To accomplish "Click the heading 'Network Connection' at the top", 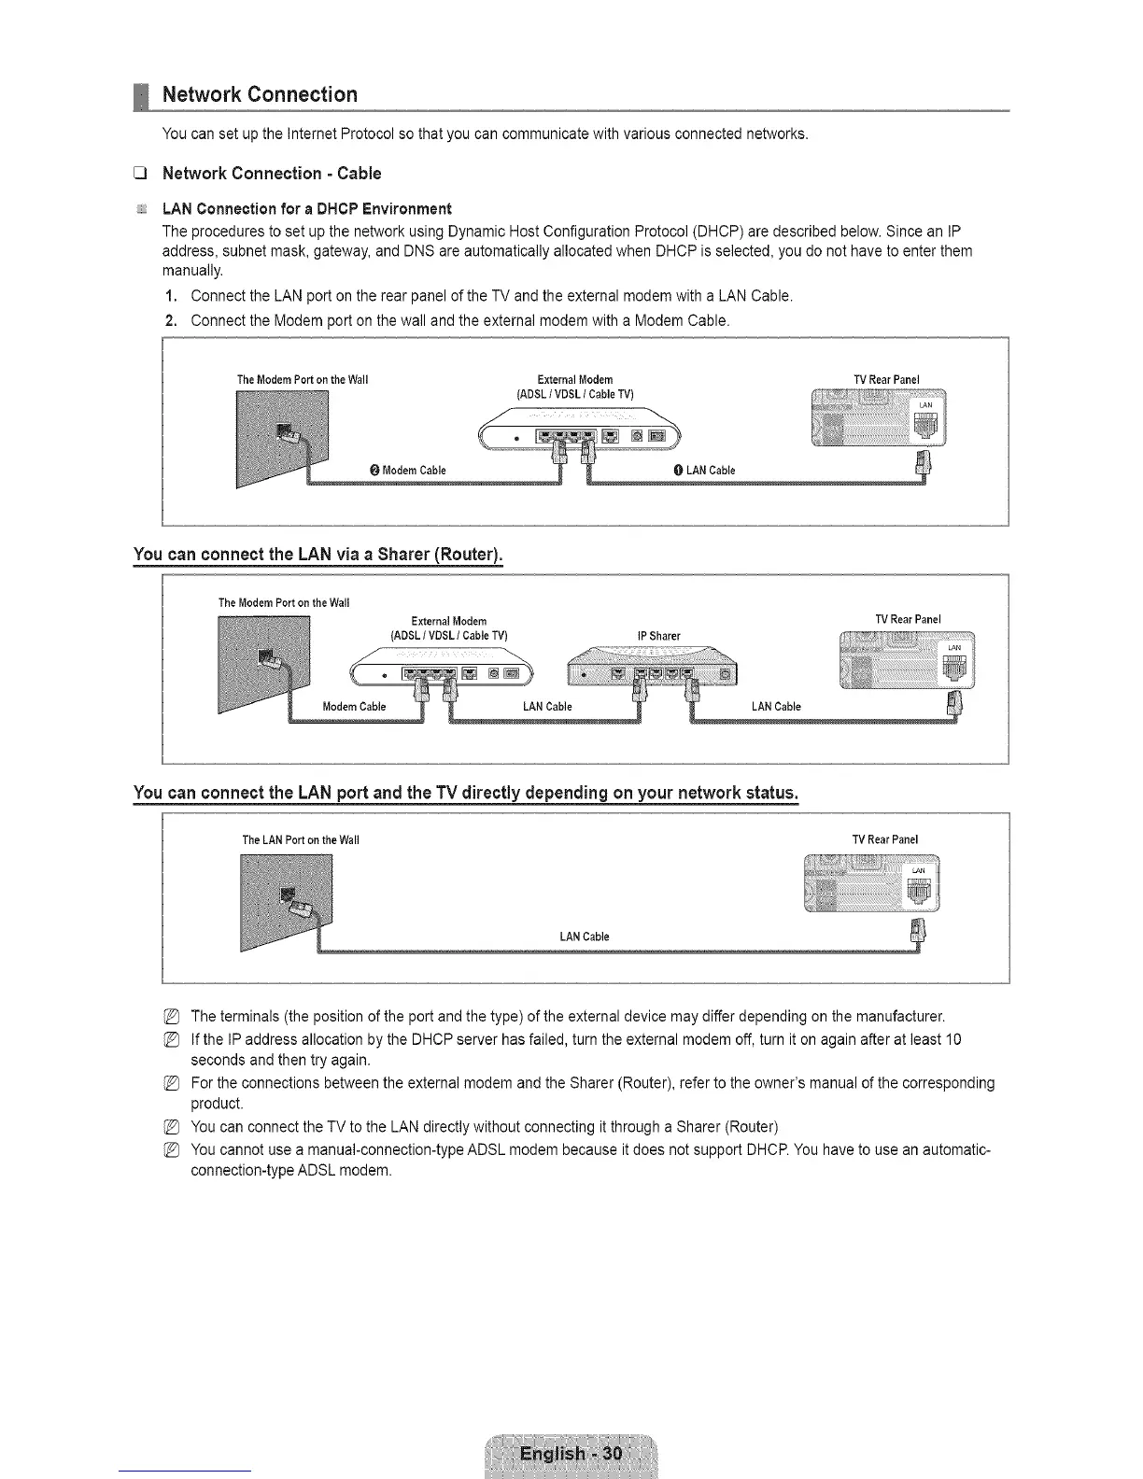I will [260, 94].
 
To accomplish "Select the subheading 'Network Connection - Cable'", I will [271, 174].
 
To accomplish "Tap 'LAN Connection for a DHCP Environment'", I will [306, 208].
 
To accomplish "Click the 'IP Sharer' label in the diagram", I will [658, 636].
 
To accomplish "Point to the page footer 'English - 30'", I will [571, 1454].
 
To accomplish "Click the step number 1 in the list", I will [169, 297].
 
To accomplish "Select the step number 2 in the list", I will [169, 320].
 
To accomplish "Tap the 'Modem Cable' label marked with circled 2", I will [414, 471].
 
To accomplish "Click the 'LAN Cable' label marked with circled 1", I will [710, 471].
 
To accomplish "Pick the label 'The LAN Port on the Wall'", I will [300, 839].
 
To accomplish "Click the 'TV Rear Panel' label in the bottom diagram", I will [884, 839].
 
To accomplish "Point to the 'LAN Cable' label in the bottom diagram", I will [584, 937].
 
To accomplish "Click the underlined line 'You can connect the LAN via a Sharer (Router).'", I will [317, 556].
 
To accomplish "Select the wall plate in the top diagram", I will [283, 437].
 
